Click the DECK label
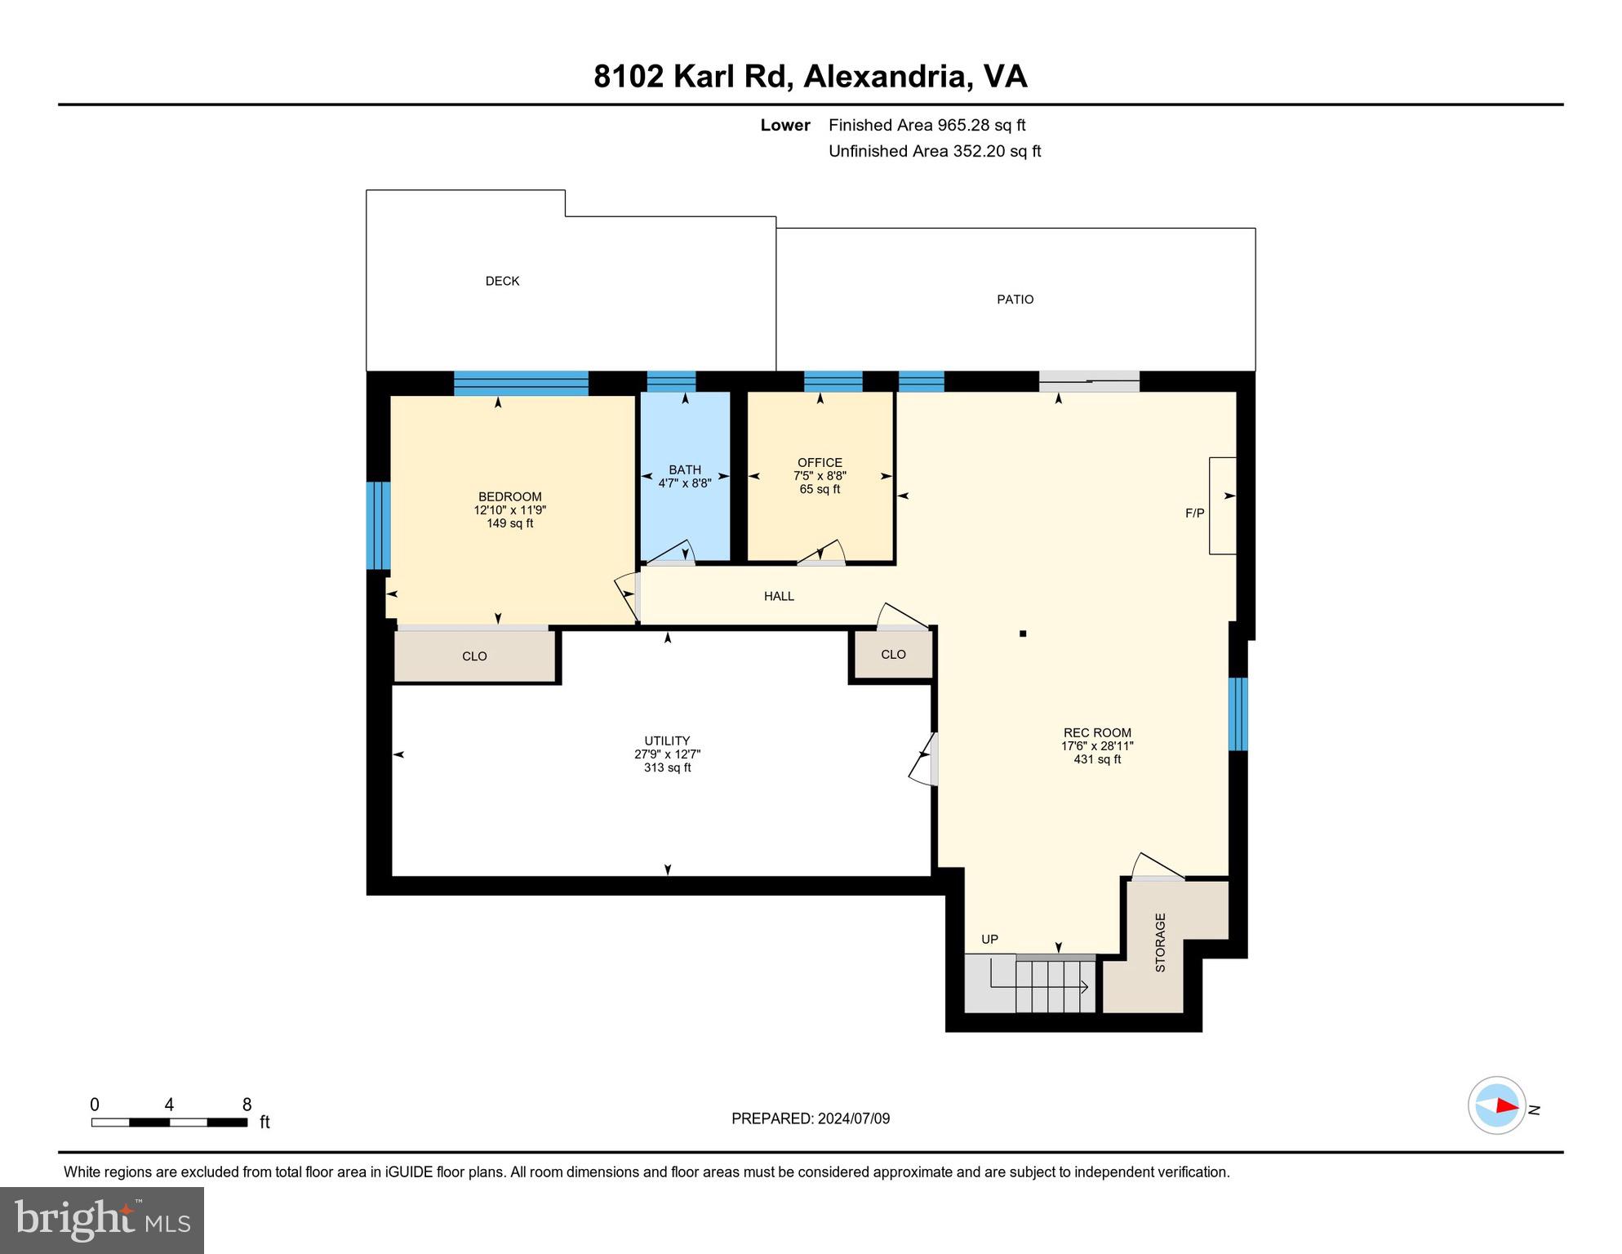coord(502,281)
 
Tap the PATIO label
coord(1015,300)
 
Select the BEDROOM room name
coord(509,496)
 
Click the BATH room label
coord(684,469)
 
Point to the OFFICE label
coord(820,462)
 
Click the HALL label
coord(779,596)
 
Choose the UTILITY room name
coord(667,741)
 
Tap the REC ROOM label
coord(1097,732)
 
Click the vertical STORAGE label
coord(1160,942)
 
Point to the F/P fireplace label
coord(1194,514)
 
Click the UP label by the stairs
coord(989,940)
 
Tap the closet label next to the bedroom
coord(474,656)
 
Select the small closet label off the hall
coord(893,654)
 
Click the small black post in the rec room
coord(1022,633)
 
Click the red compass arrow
coord(1507,1105)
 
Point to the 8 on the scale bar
coord(247,1105)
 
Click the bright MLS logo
coord(102,1221)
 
